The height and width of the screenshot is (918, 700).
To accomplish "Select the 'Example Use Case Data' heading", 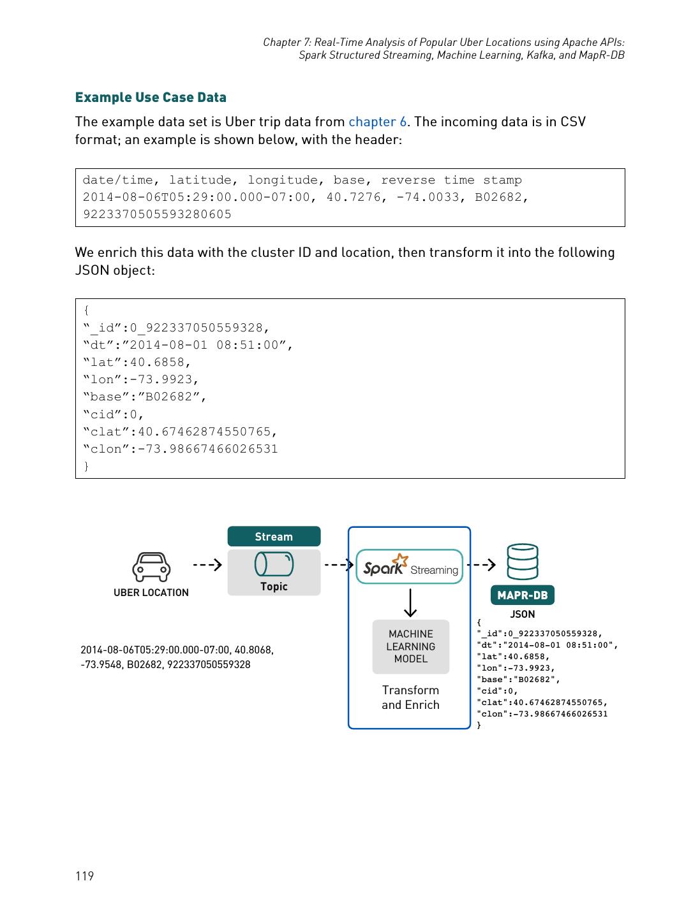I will [151, 98].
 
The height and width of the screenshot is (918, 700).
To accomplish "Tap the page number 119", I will [84, 876].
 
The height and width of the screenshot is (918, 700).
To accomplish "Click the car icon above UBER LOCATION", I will [151, 567].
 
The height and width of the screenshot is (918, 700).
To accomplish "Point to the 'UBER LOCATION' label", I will [151, 593].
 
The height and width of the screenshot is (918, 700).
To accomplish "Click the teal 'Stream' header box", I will [274, 537].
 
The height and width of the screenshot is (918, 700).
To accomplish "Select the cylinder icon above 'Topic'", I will [274, 564].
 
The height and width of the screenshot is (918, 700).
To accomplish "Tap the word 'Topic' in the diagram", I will [274, 586].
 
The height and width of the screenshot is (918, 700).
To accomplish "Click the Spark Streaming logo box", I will [409, 567].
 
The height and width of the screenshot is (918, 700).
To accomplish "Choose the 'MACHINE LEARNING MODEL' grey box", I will [411, 646].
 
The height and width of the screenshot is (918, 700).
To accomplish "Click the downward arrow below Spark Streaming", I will [411, 603].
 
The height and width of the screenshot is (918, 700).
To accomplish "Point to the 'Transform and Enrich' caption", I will [410, 697].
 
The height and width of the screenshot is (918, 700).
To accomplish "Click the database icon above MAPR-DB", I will [522, 562].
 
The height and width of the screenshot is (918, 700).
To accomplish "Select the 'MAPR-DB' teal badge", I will [522, 595].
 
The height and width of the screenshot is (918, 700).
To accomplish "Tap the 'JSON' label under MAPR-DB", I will [522, 615].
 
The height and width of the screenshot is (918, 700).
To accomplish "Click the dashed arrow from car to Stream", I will [207, 565].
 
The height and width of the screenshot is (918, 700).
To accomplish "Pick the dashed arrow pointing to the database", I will [481, 565].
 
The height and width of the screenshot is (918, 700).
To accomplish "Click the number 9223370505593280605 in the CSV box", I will [157, 215].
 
